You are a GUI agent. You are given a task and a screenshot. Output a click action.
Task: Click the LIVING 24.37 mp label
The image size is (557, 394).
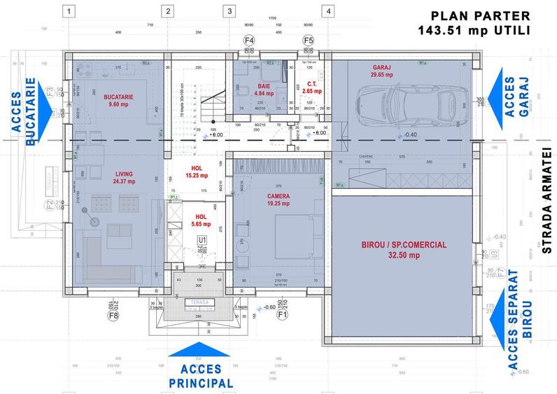coord(118,177)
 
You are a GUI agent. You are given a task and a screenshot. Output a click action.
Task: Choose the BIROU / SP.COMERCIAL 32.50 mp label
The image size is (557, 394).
coord(400,250)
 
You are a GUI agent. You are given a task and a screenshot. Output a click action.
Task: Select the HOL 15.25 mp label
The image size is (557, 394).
coord(197,172)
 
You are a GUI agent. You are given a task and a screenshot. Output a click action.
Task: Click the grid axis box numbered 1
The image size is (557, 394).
coord(69,11)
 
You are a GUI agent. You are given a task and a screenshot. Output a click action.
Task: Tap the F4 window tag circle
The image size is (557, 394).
coord(248,41)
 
